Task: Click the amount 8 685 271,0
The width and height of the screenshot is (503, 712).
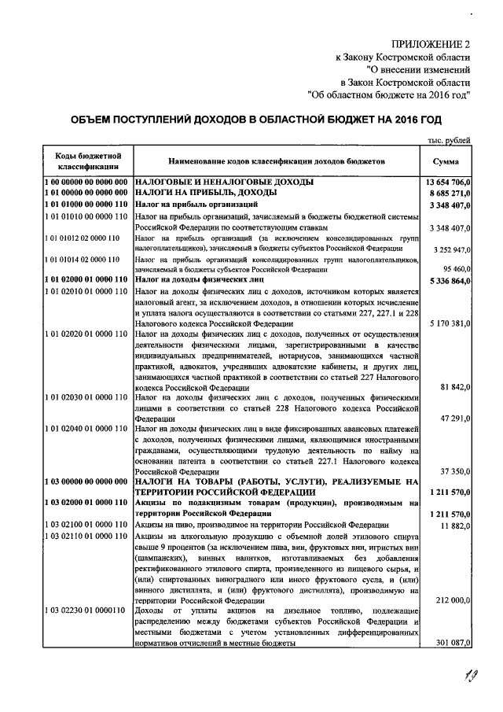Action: pos(446,193)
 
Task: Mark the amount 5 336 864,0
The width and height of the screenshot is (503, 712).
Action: pos(446,280)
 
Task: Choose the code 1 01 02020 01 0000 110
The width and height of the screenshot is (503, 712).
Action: pos(86,335)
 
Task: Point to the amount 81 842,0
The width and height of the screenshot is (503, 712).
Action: pos(454,387)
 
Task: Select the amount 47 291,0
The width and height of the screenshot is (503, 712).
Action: pos(454,418)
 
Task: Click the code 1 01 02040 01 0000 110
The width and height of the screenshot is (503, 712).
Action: pos(86,430)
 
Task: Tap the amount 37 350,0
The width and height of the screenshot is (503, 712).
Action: pos(454,470)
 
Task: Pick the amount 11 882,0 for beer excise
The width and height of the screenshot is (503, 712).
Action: pos(454,525)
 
